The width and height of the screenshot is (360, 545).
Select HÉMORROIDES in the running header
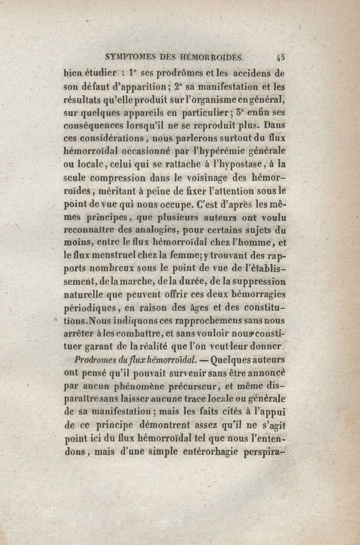pos(211,58)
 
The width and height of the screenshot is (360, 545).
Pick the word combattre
pos(138,335)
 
